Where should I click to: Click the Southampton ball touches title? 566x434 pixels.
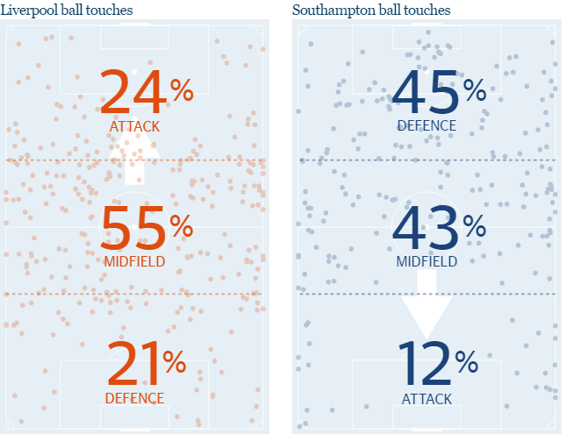pos(370,10)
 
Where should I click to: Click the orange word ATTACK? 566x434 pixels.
pos(135,126)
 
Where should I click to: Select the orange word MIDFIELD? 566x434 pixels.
pos(135,261)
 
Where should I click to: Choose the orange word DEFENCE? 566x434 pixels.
pos(135,398)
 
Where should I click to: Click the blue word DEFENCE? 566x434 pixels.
pos(427,125)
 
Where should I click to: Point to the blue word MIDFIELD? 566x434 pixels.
pos(427,261)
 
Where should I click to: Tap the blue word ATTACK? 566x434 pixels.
pos(427,399)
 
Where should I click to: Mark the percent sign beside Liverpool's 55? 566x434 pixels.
pos(181,226)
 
